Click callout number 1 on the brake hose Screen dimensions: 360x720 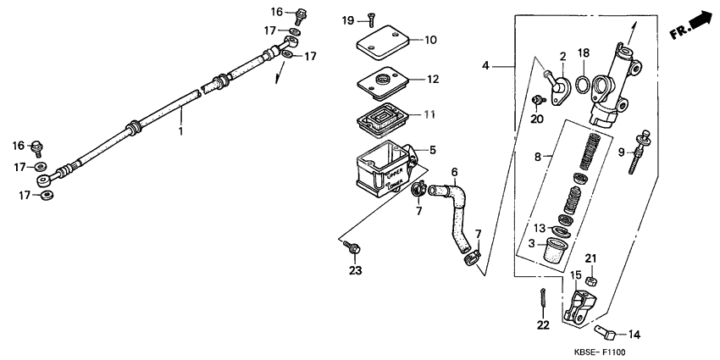pyautogui.click(x=180, y=132)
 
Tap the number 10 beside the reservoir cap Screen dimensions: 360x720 pyautogui.click(x=430, y=40)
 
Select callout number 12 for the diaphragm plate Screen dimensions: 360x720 pyautogui.click(x=432, y=80)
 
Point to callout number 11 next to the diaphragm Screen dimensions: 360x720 pyautogui.click(x=432, y=114)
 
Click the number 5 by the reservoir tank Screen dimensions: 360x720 pyautogui.click(x=432, y=151)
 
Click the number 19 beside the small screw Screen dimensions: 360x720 pyautogui.click(x=348, y=19)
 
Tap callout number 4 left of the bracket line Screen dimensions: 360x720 pyautogui.click(x=486, y=65)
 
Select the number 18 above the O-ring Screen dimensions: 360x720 pyautogui.click(x=583, y=53)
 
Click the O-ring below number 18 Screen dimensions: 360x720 pyautogui.click(x=583, y=83)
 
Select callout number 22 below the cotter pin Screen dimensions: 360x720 pyautogui.click(x=543, y=324)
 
